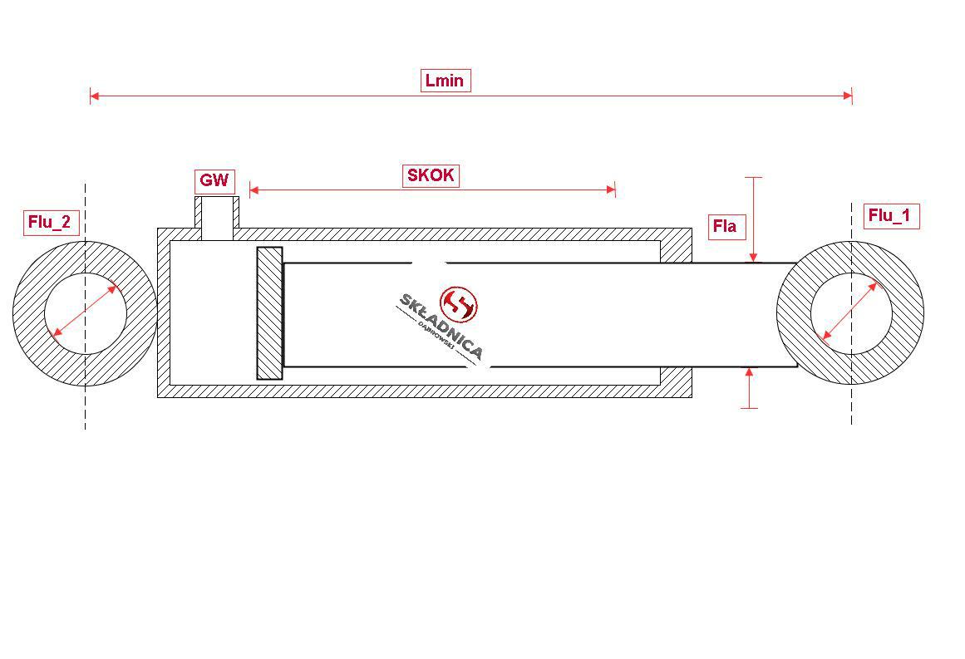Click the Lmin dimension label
(446, 81)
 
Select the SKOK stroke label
(431, 175)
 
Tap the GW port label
(214, 180)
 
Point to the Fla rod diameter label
(725, 226)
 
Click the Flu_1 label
(890, 216)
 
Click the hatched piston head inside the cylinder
(269, 313)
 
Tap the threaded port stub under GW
(217, 218)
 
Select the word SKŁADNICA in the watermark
(441, 326)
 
